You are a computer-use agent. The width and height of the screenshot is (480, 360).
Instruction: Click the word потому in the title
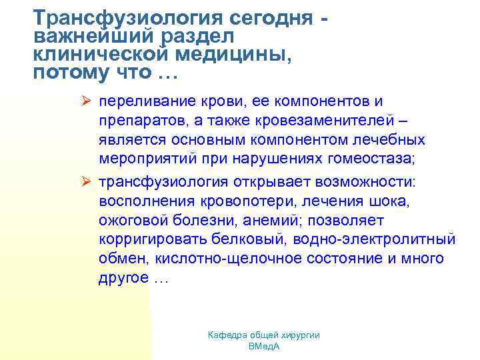(64, 73)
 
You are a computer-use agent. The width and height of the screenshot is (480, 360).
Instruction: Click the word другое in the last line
(123, 277)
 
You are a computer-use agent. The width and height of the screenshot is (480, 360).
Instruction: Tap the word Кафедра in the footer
(225, 335)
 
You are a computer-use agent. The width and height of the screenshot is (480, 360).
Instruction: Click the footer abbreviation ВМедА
(263, 347)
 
